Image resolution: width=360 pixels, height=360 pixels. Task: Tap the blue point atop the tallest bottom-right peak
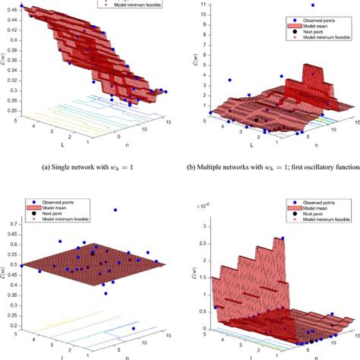click(283, 238)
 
